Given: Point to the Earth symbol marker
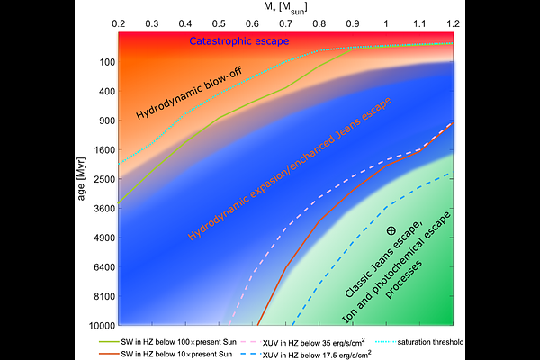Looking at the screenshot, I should tap(391, 231).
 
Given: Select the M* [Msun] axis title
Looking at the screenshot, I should tap(285, 7).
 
